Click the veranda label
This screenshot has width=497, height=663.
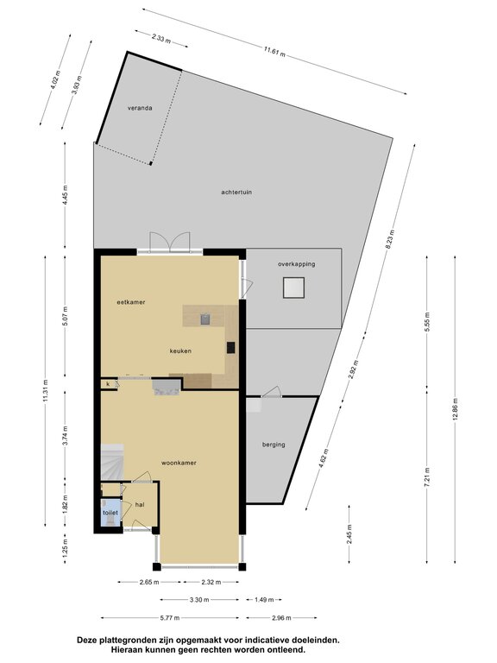[140, 108]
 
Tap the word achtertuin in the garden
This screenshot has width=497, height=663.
[236, 192]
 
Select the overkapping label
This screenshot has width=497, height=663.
[296, 264]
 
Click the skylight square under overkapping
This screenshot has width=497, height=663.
[293, 287]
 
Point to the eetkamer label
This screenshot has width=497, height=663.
[131, 302]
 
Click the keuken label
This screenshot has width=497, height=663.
[180, 350]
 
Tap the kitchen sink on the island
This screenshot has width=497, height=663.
[205, 319]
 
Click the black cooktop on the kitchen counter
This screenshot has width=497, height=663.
[230, 348]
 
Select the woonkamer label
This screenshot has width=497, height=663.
[179, 463]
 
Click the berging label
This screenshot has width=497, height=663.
[274, 445]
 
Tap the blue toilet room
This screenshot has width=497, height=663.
[110, 513]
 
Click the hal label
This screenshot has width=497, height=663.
[140, 504]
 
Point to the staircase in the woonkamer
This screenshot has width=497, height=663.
[112, 462]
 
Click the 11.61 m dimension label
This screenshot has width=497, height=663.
[274, 52]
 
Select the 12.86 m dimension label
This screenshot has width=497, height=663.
[455, 409]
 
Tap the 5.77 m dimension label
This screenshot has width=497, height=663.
[170, 618]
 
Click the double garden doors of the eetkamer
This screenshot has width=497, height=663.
[170, 243]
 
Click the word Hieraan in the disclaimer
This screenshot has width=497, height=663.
[125, 649]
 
